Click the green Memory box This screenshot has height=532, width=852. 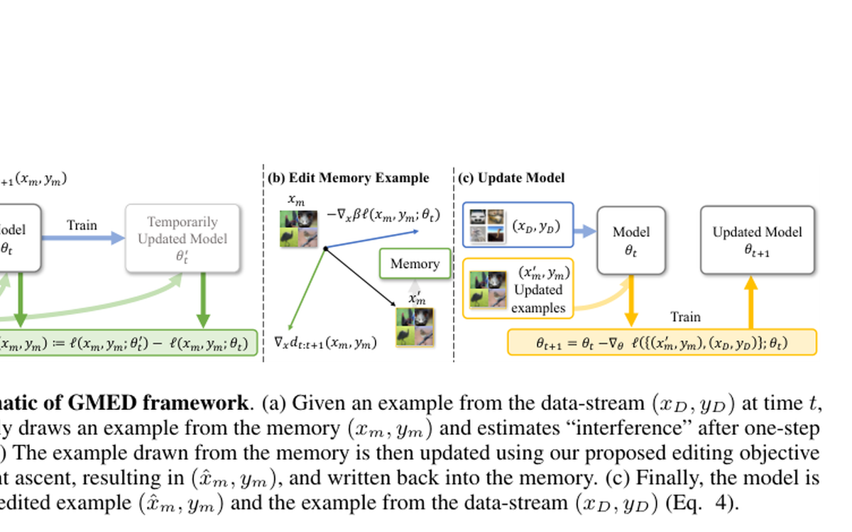(415, 263)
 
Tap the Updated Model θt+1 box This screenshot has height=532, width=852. (757, 240)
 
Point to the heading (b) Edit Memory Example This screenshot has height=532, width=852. (349, 177)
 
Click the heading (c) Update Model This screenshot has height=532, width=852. (511, 177)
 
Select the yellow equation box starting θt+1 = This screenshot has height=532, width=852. (662, 343)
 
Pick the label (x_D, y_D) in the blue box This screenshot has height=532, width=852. (536, 227)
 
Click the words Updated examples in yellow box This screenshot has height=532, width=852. (537, 299)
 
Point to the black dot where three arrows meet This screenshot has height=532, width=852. (325, 248)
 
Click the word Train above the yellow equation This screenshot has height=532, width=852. (685, 317)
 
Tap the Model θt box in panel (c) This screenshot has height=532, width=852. (630, 240)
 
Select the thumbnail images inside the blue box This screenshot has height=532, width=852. (487, 225)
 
